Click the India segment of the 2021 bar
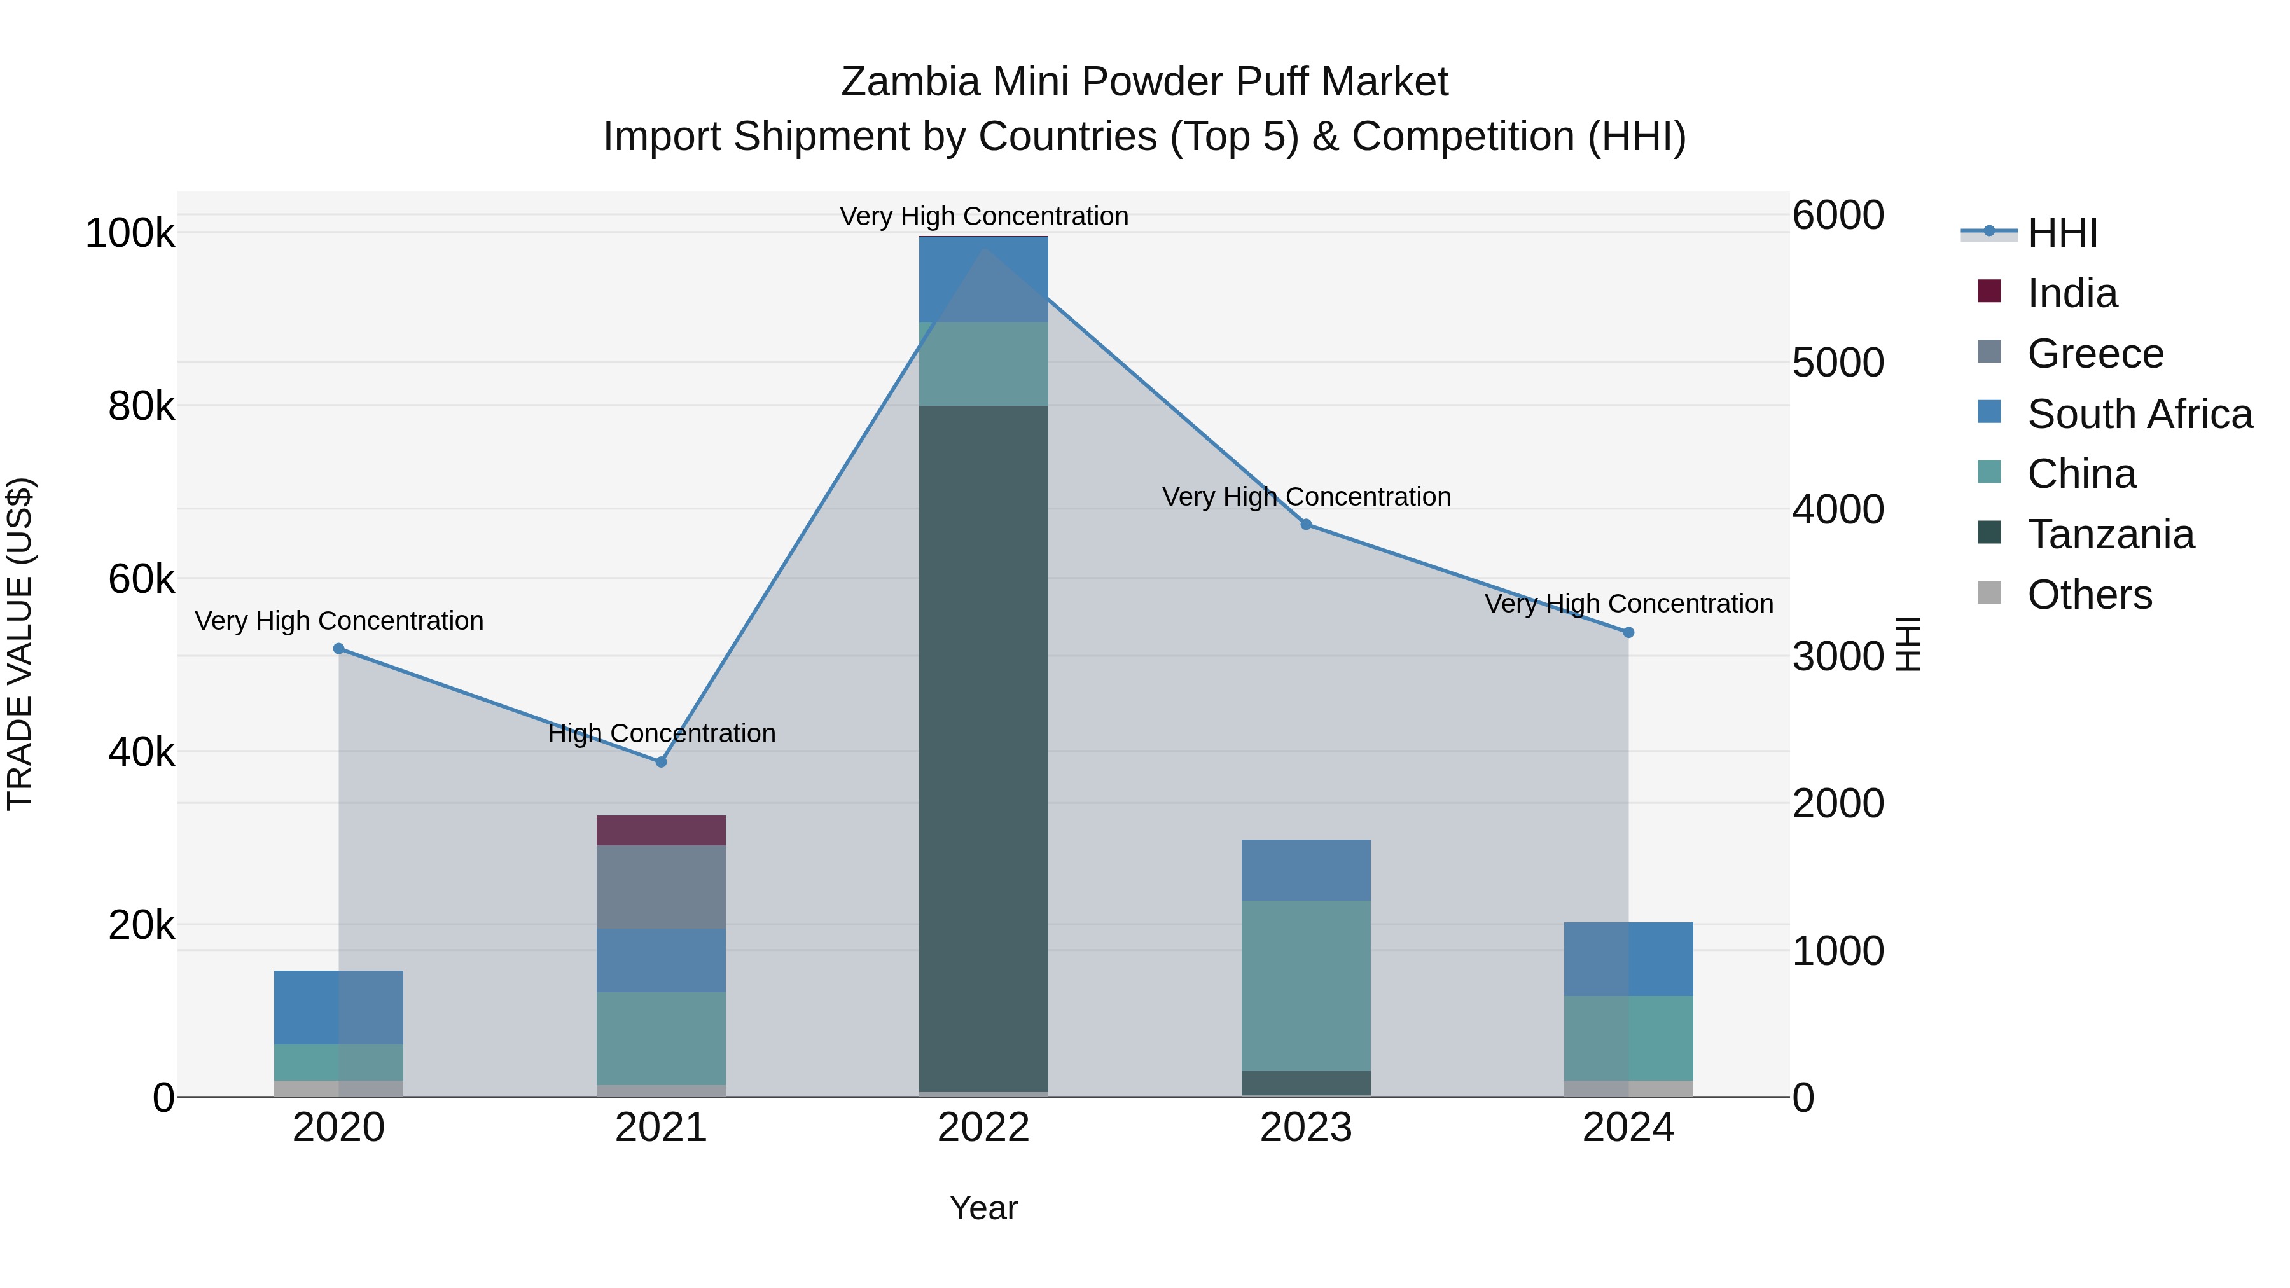[660, 830]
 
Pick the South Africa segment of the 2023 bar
[1306, 870]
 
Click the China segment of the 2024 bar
[1628, 1038]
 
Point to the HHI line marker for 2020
[338, 649]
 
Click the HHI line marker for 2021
[660, 762]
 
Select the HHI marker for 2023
[1306, 525]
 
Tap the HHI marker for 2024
[1628, 633]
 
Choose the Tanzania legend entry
[2111, 534]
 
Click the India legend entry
[2072, 293]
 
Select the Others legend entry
[2089, 595]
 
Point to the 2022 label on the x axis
[983, 1128]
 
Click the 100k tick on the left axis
[130, 234]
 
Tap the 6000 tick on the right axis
[1838, 215]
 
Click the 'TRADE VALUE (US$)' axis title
[20, 644]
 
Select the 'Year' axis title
[983, 1208]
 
